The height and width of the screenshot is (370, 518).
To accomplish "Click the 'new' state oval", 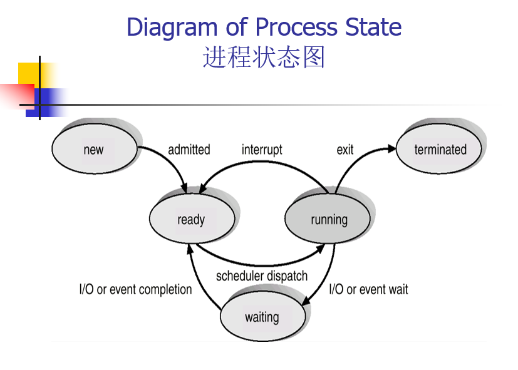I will click(93, 150).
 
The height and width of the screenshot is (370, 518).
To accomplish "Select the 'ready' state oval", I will click(191, 219).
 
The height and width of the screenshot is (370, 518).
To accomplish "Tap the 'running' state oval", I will click(328, 219).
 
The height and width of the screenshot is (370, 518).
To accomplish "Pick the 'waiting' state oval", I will click(262, 317).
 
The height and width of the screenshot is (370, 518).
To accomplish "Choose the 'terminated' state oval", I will click(440, 150).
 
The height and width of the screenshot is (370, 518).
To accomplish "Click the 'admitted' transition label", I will click(189, 150).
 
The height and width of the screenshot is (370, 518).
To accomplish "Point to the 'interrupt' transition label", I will click(262, 150).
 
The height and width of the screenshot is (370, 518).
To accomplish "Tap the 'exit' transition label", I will click(345, 150).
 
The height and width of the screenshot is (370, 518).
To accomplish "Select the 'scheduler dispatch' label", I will click(262, 276).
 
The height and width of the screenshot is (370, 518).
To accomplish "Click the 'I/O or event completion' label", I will click(135, 290).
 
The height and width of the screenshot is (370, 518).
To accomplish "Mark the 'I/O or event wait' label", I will click(368, 289).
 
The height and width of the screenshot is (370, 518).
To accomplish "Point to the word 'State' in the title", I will click(373, 28).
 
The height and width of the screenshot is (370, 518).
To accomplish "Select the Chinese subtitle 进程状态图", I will click(264, 58).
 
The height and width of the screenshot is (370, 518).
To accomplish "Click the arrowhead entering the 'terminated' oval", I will click(393, 148).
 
